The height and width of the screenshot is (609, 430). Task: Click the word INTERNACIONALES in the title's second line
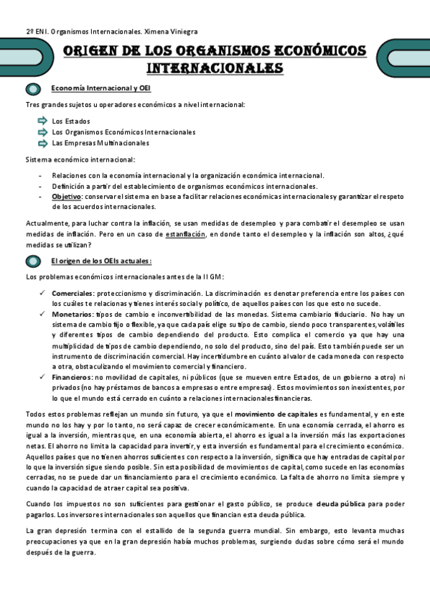click(215, 68)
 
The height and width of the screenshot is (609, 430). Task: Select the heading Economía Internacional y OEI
click(101, 88)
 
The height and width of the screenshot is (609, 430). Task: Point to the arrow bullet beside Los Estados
click(42, 121)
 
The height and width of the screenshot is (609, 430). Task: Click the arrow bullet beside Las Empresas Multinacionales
click(42, 142)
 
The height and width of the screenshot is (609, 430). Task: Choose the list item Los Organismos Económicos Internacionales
click(123, 132)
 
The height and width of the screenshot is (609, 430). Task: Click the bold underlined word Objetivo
click(67, 196)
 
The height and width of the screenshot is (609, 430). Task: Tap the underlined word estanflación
click(184, 234)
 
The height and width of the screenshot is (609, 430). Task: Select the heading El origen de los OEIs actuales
click(101, 261)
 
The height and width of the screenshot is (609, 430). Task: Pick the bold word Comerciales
click(73, 293)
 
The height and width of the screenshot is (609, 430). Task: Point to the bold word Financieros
click(72, 377)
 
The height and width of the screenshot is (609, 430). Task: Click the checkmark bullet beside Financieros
click(43, 377)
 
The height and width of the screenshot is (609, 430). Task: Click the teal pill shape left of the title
click(32, 60)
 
